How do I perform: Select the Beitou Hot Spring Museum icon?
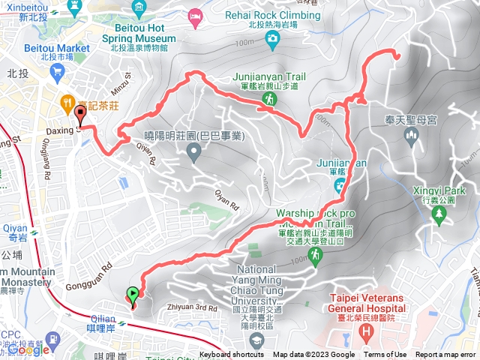tap(139, 9)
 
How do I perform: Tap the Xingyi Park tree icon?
tap(437, 215)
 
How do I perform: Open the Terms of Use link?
tap(385, 355)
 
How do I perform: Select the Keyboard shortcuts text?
tap(232, 355)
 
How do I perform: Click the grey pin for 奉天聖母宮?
tap(410, 136)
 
